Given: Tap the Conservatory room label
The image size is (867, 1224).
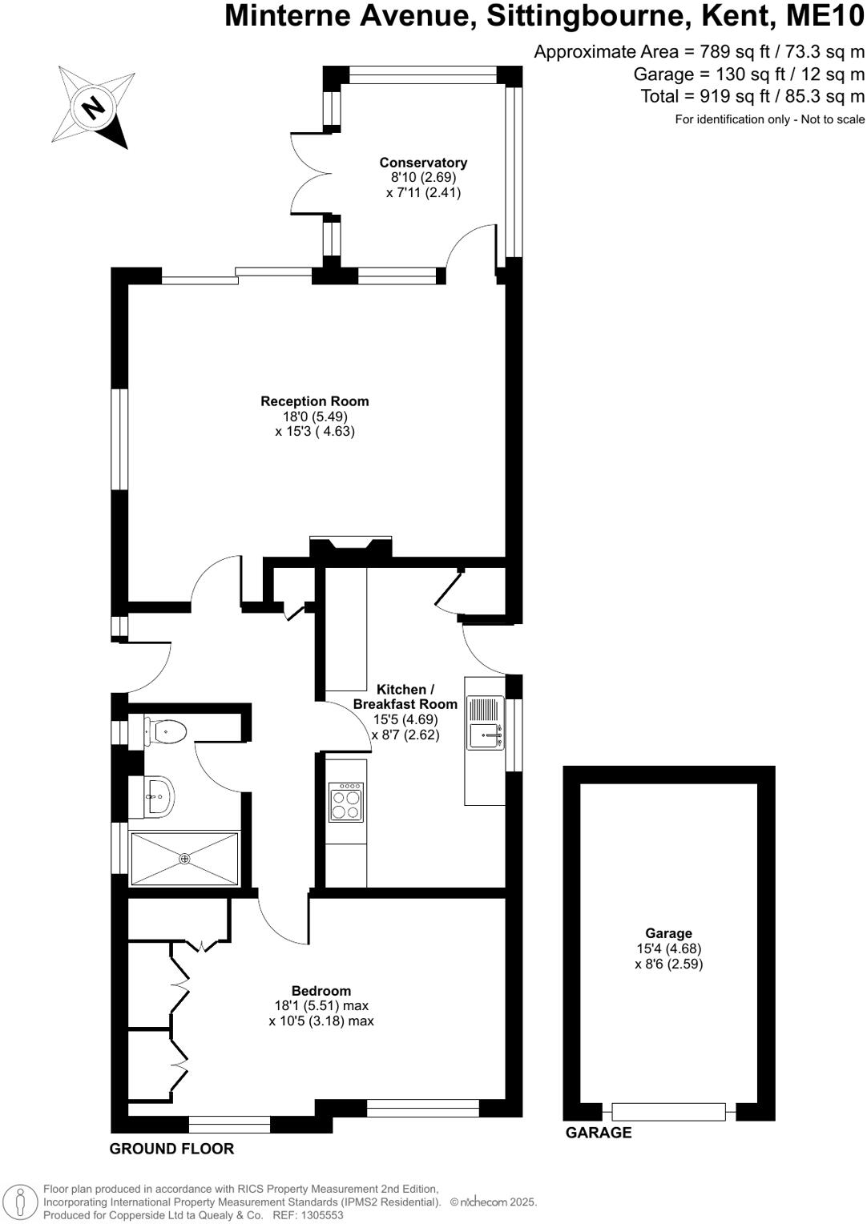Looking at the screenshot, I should (423, 163).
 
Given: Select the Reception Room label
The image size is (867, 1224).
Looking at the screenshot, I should (315, 401).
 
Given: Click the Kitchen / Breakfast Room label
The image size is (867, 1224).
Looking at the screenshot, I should (405, 697).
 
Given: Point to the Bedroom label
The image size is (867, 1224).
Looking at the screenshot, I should (321, 991).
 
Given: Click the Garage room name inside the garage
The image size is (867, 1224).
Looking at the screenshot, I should (668, 933).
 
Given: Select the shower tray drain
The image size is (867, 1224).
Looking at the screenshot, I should (185, 859).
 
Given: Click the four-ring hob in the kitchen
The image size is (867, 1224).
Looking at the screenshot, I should (346, 804).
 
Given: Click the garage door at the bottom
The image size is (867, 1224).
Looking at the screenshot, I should (668, 1112).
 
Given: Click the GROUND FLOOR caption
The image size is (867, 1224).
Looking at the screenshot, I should (171, 1149).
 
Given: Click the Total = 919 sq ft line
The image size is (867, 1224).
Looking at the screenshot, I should (752, 96).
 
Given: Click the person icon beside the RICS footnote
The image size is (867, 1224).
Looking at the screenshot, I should (22, 1202).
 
